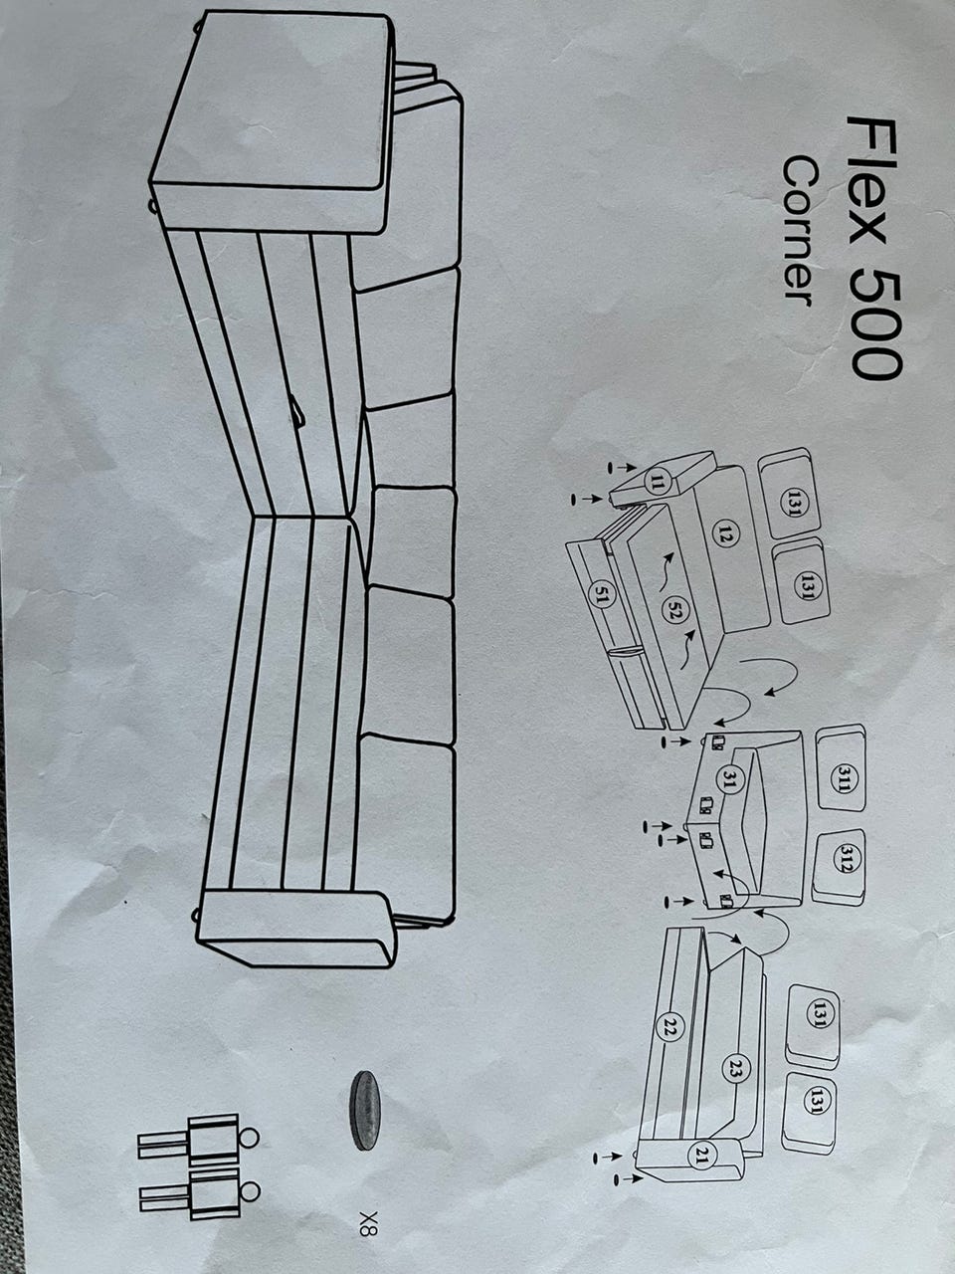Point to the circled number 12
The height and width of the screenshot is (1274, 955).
click(725, 535)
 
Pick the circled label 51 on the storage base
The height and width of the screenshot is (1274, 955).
click(600, 595)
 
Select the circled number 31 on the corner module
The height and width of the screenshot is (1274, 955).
click(728, 780)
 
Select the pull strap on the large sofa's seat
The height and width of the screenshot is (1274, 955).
click(296, 407)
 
